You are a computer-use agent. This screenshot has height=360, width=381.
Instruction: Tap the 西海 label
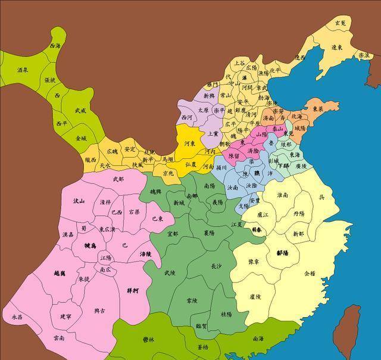55,46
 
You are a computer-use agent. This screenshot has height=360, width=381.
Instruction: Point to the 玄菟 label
340,23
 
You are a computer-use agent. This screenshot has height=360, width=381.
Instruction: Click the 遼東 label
338,48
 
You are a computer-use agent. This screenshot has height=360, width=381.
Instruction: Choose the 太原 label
203,110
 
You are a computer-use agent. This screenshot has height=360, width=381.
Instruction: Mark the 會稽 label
310,274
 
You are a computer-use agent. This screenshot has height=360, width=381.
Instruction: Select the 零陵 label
192,301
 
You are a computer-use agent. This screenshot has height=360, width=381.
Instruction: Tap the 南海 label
258,339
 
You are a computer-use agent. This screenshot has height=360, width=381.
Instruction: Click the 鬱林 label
149,339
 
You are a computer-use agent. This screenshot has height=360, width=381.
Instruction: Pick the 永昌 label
17,318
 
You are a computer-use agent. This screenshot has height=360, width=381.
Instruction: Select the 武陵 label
168,273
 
